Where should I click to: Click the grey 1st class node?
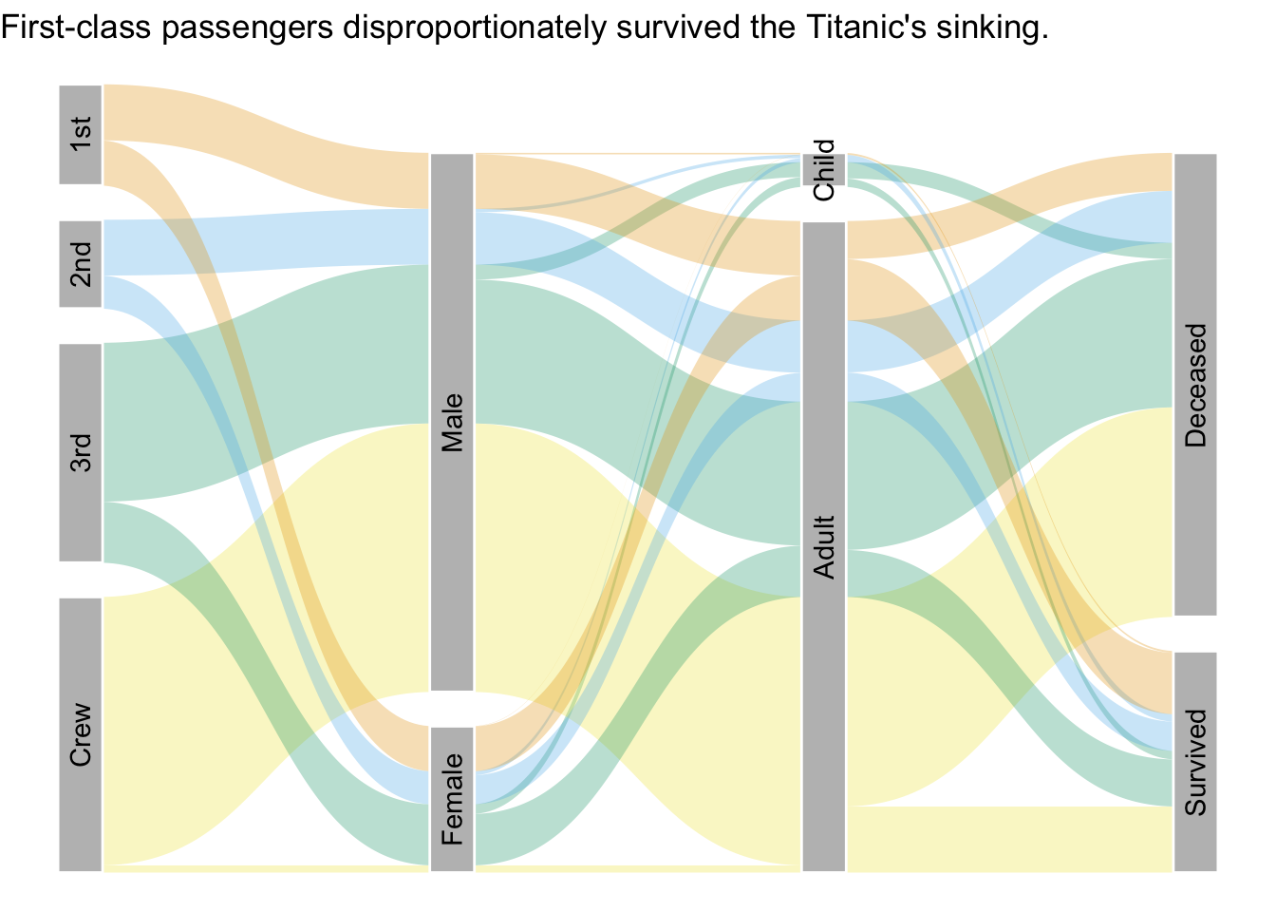coord(81,135)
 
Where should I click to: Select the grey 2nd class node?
coord(81,264)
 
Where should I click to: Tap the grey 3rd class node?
coord(81,452)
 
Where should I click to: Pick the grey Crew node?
coord(81,734)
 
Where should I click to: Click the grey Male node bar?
coord(452,423)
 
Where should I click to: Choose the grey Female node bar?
coord(452,799)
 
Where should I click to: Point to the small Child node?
coord(824,170)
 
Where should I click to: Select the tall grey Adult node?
coord(824,547)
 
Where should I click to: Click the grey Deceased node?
coord(1195,385)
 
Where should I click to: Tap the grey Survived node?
coord(1195,762)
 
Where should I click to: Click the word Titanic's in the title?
coord(867,28)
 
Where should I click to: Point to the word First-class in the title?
coord(76,28)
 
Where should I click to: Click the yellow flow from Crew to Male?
coord(266,644)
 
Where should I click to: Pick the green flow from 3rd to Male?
coord(266,383)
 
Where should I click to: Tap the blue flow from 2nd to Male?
coord(266,242)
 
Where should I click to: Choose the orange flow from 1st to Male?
coord(266,146)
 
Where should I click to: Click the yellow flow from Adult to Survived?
coord(1010,839)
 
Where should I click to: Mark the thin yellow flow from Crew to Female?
coord(266,868)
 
